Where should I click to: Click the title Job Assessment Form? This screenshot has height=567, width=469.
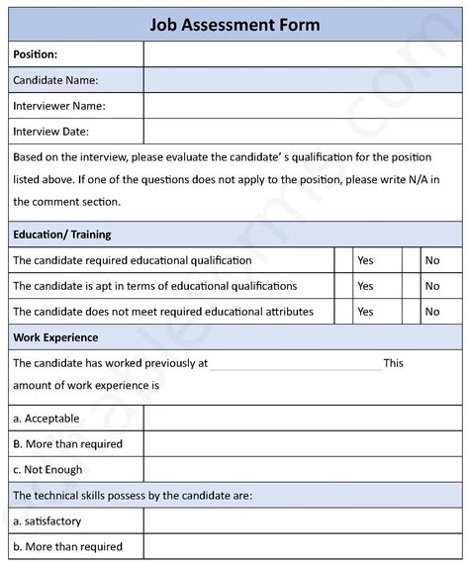[x=234, y=25]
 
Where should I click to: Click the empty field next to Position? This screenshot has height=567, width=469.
[x=302, y=54]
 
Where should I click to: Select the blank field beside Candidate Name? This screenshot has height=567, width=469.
[x=302, y=80]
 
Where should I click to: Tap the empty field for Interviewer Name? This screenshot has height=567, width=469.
[x=302, y=106]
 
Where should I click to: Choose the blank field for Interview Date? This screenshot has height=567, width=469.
[x=302, y=131]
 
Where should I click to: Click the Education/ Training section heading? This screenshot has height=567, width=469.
[x=61, y=235]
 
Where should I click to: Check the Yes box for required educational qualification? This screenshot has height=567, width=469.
[x=344, y=260]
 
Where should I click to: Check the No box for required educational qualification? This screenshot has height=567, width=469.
[x=412, y=260]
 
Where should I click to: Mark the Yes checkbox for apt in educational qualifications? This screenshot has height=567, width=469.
[x=344, y=286]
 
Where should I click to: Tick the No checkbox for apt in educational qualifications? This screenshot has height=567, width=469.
[x=412, y=286]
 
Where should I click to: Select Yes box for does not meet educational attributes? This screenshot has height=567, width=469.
[x=344, y=312]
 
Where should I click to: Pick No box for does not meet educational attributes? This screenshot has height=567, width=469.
[x=412, y=312]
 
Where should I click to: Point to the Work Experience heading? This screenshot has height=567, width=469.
[x=55, y=337]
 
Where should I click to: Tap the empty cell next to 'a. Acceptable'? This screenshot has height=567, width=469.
[x=302, y=419]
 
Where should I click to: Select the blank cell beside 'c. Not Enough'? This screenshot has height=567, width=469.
[x=302, y=470]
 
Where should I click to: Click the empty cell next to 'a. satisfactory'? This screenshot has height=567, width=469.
[x=302, y=520]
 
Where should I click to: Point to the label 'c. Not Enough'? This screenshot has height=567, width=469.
[x=47, y=470]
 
